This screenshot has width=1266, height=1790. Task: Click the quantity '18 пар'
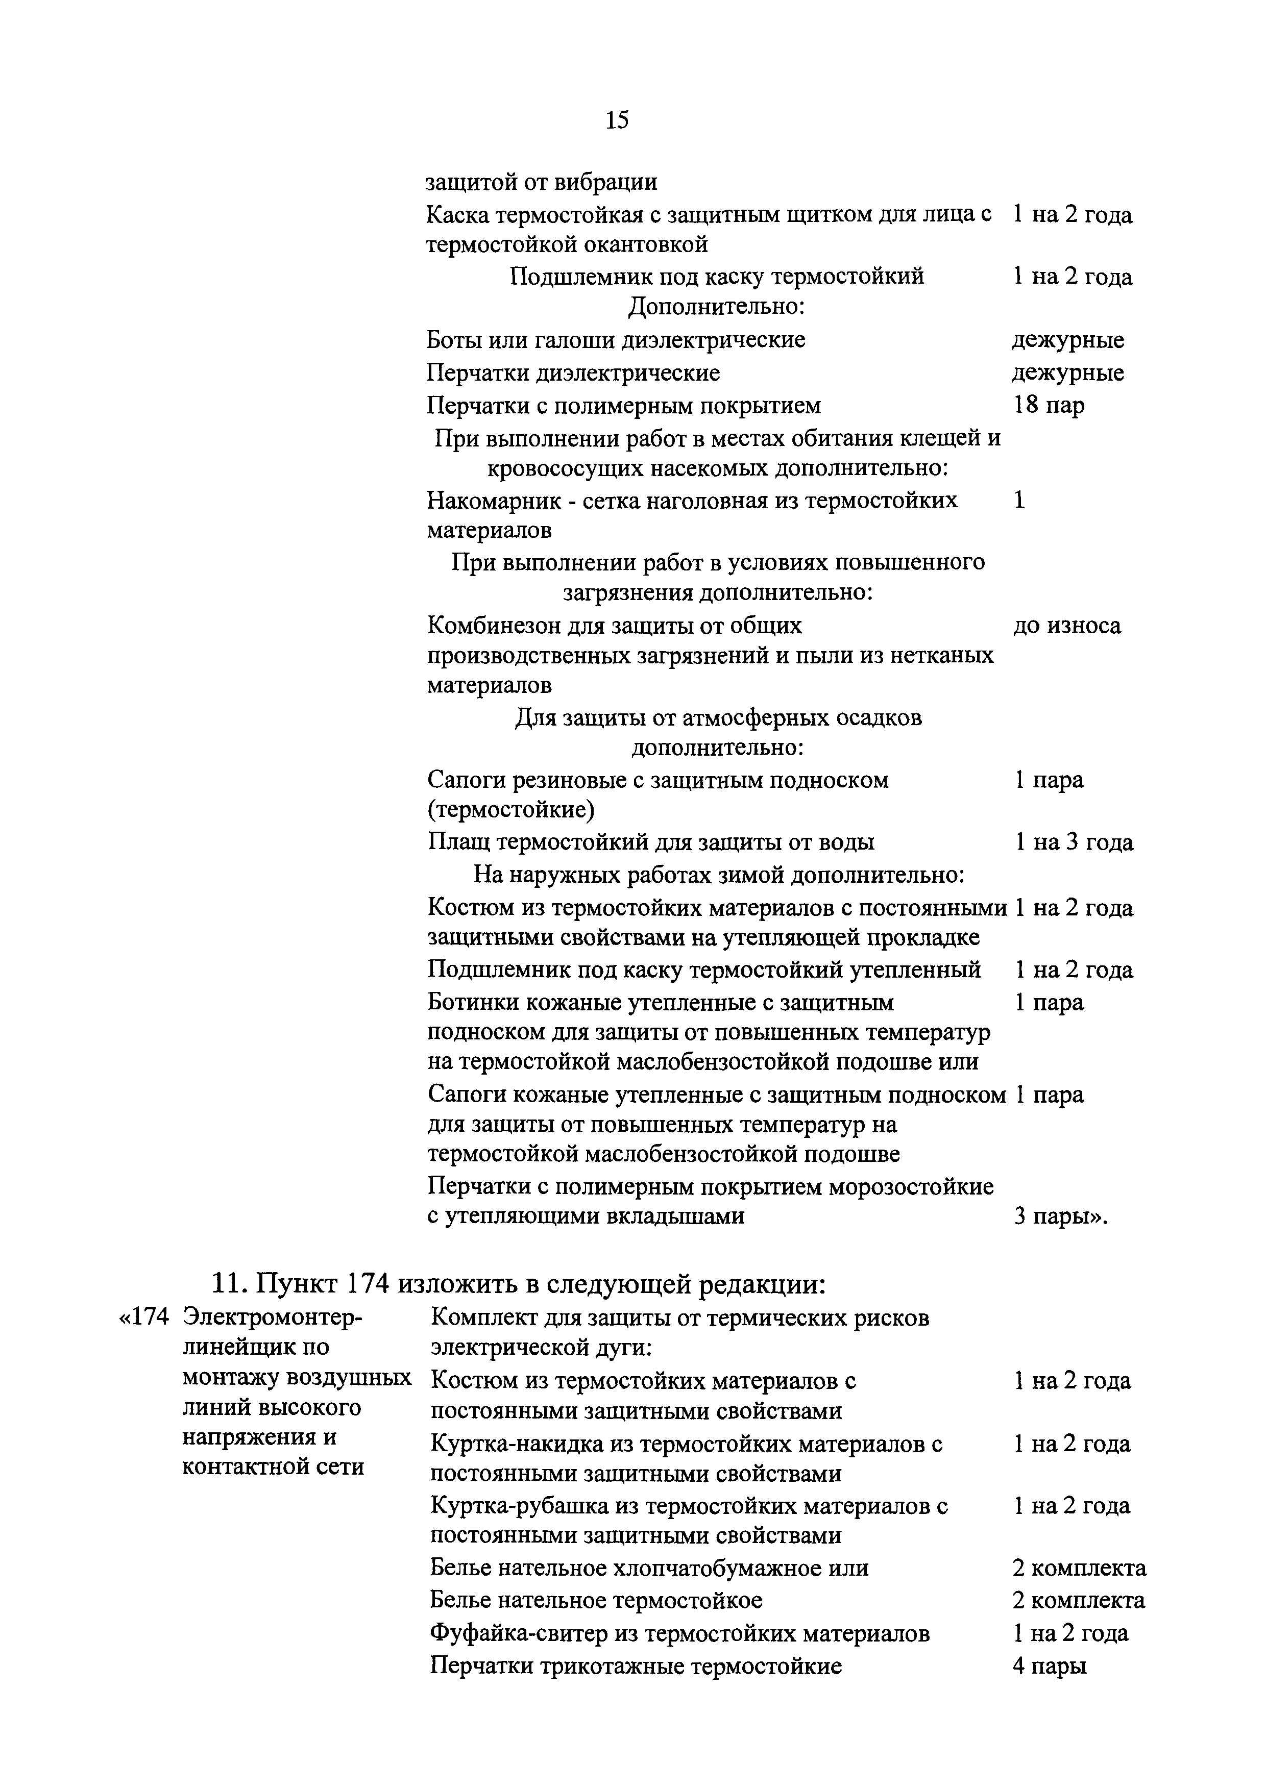[x=1049, y=405]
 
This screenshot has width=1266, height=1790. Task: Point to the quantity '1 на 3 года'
[x=1074, y=842]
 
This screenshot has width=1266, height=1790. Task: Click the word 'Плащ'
[x=458, y=842]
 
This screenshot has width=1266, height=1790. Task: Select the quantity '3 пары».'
[x=1061, y=1216]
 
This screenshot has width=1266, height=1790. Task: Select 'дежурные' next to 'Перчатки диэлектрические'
[x=1068, y=372]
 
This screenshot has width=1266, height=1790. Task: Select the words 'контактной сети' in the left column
[x=273, y=1466]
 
